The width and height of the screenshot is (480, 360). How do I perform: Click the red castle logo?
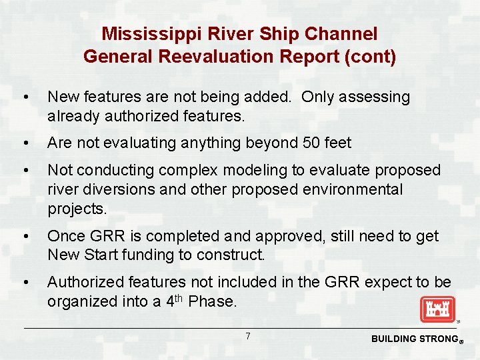tap(437, 309)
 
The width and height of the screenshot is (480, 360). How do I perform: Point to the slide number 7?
tap(247, 336)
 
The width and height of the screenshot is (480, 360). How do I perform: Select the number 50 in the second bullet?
tap(307, 143)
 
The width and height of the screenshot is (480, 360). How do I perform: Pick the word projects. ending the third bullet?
tap(77, 209)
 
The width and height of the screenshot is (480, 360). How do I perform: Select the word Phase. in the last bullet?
tap(213, 301)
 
